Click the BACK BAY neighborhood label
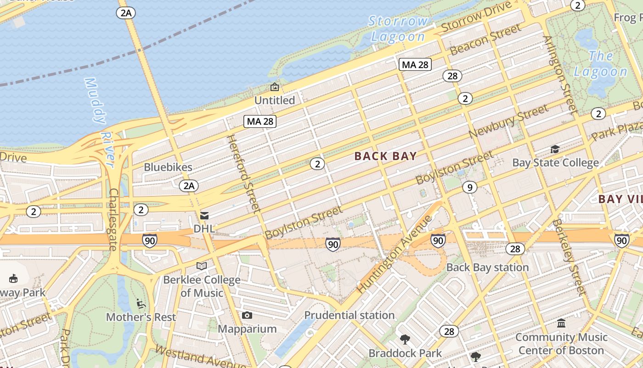click(x=385, y=156)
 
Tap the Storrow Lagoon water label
click(x=398, y=29)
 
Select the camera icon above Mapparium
click(x=247, y=315)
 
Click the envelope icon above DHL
click(x=204, y=215)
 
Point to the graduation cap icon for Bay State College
click(x=555, y=149)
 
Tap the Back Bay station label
click(x=487, y=267)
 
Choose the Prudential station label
click(x=349, y=315)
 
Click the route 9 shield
click(x=469, y=187)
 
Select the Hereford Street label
click(x=244, y=173)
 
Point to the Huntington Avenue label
click(x=395, y=253)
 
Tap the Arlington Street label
click(x=561, y=75)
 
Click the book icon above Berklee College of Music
click(x=201, y=266)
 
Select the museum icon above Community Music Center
click(x=561, y=323)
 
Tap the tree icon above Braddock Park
click(x=405, y=339)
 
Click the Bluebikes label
click(x=168, y=167)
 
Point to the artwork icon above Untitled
click(x=275, y=87)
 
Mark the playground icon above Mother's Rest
click(x=141, y=304)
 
